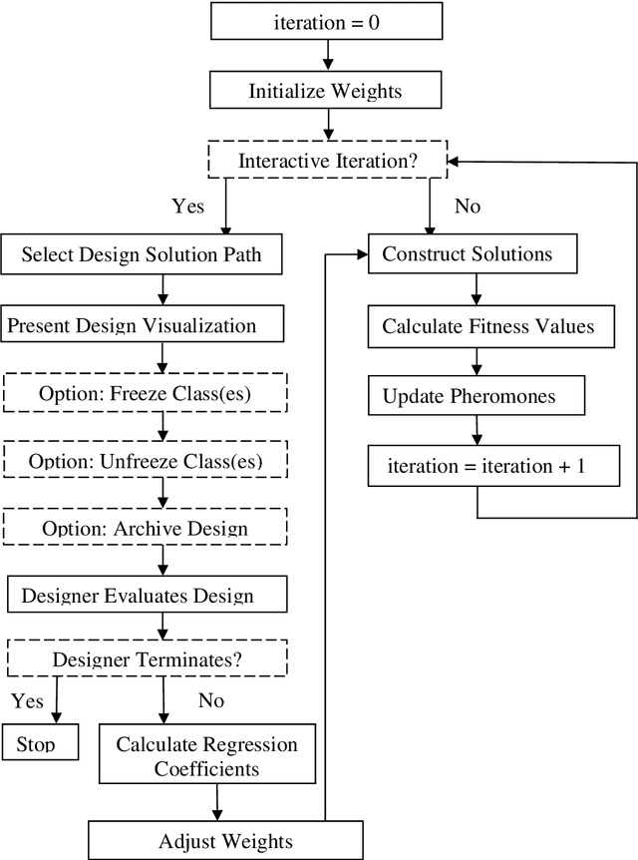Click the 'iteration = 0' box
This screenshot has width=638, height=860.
[326, 22]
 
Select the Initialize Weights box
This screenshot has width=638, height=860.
[325, 91]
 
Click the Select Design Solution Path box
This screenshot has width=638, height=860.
[142, 254]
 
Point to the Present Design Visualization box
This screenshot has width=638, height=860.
[144, 324]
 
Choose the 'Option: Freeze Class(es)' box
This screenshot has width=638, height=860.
[145, 392]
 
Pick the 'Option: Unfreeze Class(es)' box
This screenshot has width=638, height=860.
[145, 460]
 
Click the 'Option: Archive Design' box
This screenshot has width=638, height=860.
[145, 527]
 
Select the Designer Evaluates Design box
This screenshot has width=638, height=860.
[146, 596]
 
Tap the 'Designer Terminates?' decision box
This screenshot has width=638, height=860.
[147, 658]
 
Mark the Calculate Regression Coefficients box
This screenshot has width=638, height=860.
[206, 756]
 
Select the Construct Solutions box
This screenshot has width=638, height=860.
[474, 254]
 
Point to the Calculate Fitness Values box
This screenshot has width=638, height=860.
[488, 325]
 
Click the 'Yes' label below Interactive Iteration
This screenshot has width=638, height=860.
[188, 207]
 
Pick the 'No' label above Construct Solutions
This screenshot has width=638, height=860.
[467, 207]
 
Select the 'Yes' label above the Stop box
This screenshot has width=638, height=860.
[28, 700]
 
